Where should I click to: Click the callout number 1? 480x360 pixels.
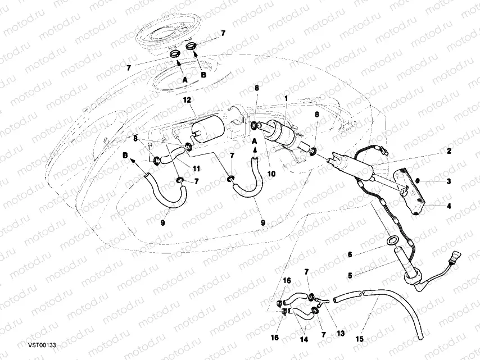point(286,98)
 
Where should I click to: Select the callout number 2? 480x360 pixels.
point(449,151)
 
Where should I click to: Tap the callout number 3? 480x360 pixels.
point(449,181)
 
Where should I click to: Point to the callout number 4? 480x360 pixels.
point(449,206)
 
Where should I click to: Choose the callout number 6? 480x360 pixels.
point(350,254)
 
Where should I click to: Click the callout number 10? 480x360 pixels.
point(271,174)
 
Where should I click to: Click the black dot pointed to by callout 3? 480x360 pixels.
point(418,181)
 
